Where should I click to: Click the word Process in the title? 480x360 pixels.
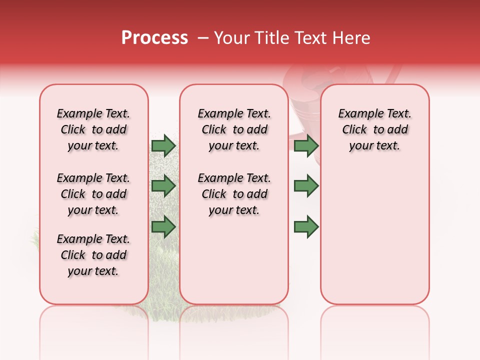pyautogui.click(x=154, y=38)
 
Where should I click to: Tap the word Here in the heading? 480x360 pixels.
pyautogui.click(x=351, y=38)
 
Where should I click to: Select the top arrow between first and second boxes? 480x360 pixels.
pyautogui.click(x=163, y=145)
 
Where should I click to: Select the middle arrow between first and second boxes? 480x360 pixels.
pyautogui.click(x=163, y=186)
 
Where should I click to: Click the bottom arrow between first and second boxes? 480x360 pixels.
pyautogui.click(x=163, y=227)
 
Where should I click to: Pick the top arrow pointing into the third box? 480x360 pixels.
pyautogui.click(x=306, y=145)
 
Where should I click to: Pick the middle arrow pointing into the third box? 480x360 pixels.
pyautogui.click(x=306, y=186)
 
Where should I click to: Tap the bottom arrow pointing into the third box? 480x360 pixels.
pyautogui.click(x=306, y=227)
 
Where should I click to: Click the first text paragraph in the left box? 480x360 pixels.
pyautogui.click(x=93, y=129)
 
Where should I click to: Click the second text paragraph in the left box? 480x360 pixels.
pyautogui.click(x=93, y=194)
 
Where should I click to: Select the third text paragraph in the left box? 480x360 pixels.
pyautogui.click(x=93, y=255)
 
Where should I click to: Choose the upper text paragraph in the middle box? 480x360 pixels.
pyautogui.click(x=234, y=129)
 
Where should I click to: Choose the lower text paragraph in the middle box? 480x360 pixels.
pyautogui.click(x=234, y=194)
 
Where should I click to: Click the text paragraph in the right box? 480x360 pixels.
pyautogui.click(x=374, y=129)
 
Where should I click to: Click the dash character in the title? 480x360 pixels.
pyautogui.click(x=203, y=38)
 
